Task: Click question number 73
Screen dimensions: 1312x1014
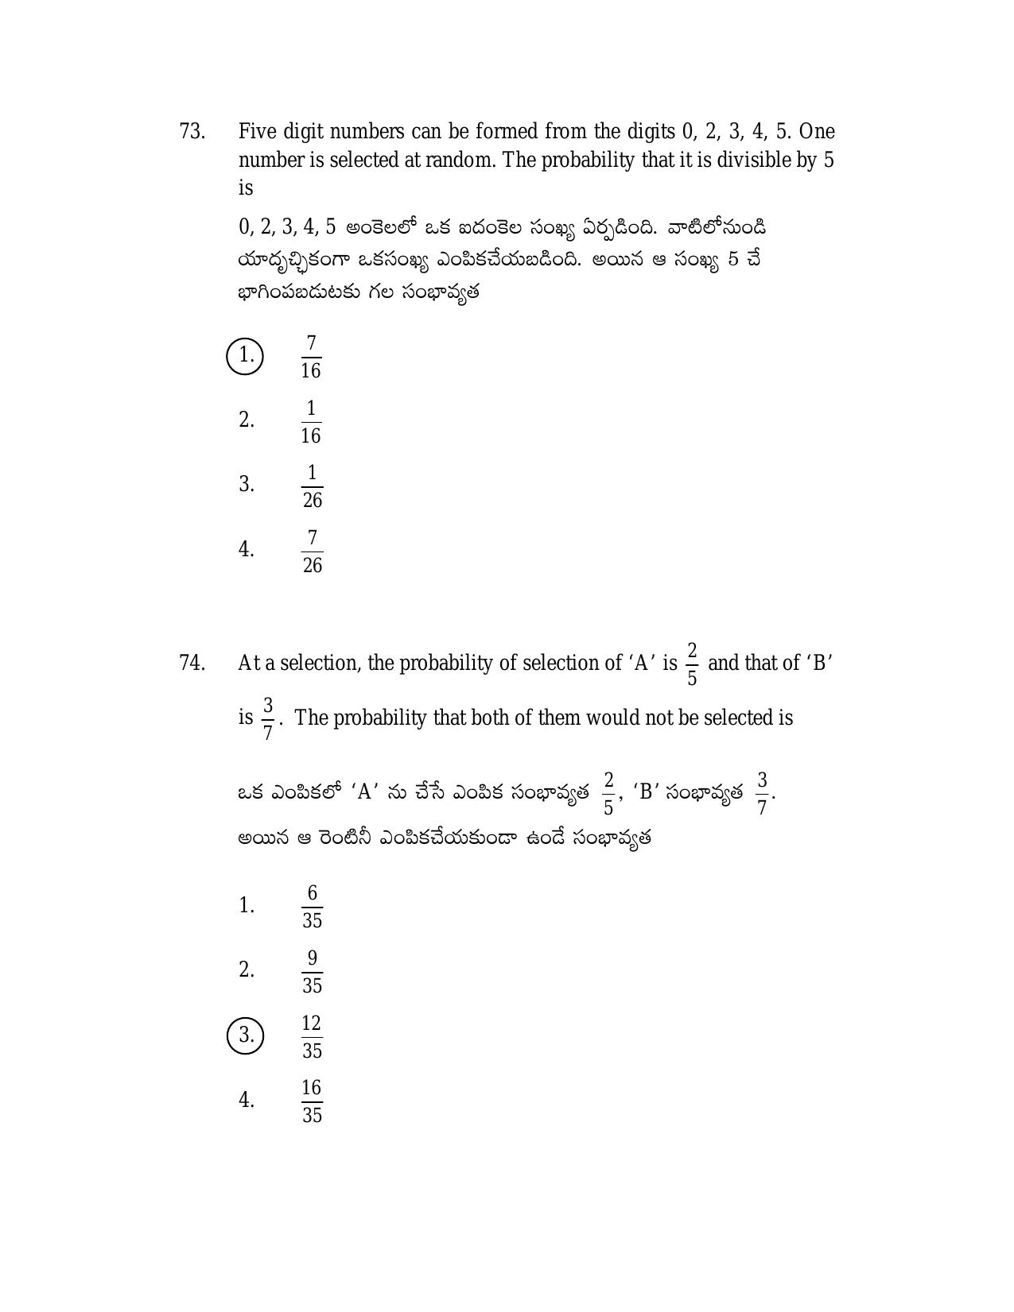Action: [x=192, y=131]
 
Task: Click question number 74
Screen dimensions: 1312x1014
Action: [x=192, y=663]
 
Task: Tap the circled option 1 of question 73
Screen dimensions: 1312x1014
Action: [x=245, y=355]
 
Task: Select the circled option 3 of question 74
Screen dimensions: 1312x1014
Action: [x=245, y=1035]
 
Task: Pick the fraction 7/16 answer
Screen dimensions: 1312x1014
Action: [x=311, y=356]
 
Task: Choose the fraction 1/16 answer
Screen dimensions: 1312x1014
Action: [x=311, y=421]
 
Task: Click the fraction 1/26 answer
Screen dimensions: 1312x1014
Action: [x=312, y=486]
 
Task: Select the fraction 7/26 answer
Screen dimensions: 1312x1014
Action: [x=312, y=552]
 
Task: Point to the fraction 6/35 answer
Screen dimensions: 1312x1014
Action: [x=312, y=906]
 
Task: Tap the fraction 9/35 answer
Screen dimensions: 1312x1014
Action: [x=312, y=971]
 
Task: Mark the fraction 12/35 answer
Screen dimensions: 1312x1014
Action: [x=312, y=1036]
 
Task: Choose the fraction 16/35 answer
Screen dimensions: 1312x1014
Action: [x=312, y=1101]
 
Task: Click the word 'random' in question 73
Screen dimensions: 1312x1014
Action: [x=460, y=160]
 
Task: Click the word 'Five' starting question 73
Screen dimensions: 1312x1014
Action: [x=258, y=131]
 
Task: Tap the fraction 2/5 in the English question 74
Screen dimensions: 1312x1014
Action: [x=692, y=664]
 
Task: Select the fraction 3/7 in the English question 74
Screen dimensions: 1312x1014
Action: [x=268, y=718]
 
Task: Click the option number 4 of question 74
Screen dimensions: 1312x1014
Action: [x=246, y=1101]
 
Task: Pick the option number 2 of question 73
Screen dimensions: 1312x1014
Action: [x=246, y=420]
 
